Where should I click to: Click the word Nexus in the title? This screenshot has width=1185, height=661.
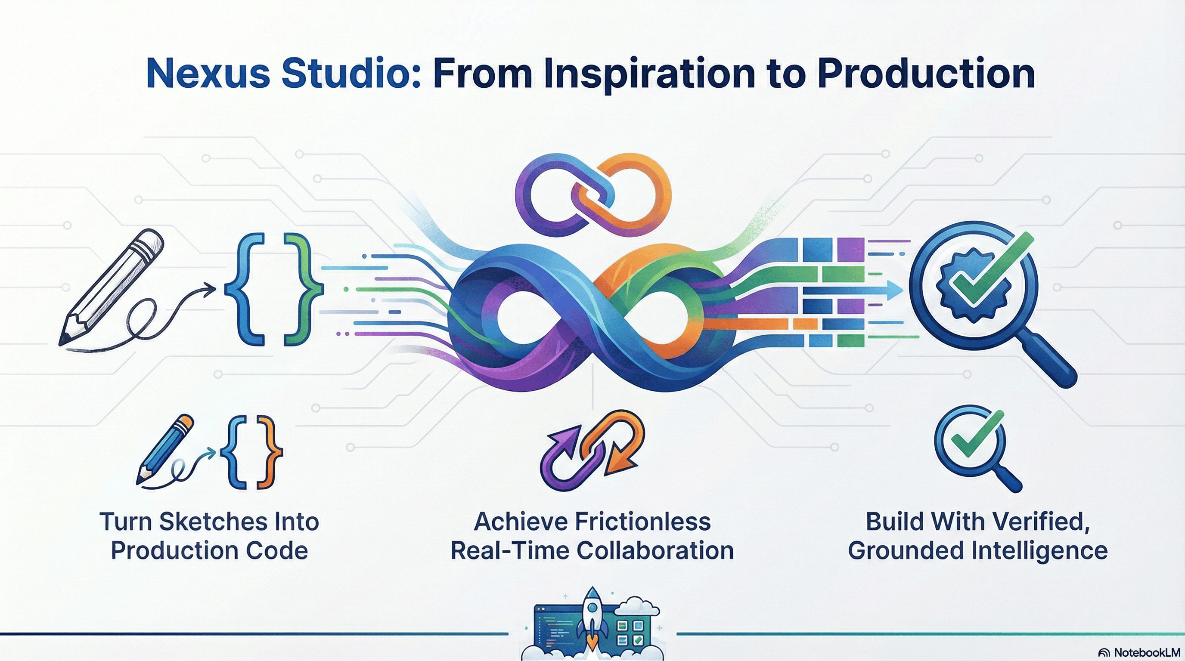(x=208, y=74)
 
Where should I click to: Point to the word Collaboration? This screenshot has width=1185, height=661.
(x=655, y=551)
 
